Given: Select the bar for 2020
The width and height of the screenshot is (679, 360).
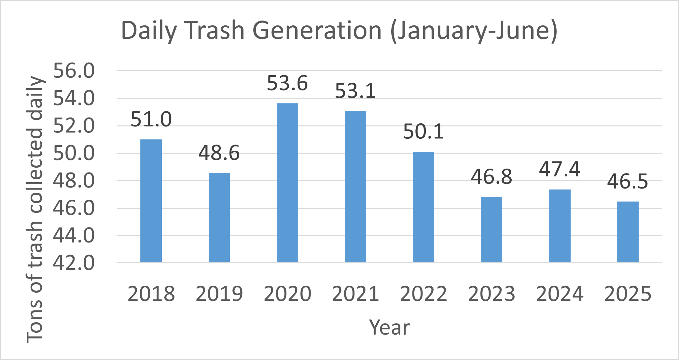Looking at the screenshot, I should click(x=287, y=183).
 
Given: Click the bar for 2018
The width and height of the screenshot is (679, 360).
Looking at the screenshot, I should click(x=151, y=201).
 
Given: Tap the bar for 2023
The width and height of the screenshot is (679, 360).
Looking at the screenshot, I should click(x=492, y=229).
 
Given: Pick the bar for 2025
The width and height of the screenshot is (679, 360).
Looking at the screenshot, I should click(x=628, y=232).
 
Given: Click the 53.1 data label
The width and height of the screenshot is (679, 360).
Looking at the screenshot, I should click(x=355, y=91).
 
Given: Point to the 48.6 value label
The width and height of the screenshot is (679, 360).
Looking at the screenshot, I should click(x=219, y=153).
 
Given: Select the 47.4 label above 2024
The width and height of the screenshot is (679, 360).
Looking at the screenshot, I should click(x=560, y=169).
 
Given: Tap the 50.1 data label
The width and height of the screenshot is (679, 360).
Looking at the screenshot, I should click(x=423, y=132).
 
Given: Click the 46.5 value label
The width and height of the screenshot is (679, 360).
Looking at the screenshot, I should click(x=628, y=181).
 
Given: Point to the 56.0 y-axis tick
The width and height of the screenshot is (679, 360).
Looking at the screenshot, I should click(x=74, y=71).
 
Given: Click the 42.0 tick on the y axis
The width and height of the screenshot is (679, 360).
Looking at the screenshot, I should click(x=74, y=263).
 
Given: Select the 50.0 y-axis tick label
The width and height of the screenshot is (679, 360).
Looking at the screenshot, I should click(x=74, y=153).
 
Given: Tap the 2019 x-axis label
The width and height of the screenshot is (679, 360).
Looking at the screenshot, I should click(x=219, y=294).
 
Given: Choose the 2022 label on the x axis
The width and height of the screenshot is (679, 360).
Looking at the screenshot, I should click(x=423, y=294).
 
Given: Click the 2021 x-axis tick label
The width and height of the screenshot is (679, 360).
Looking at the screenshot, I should click(x=355, y=294).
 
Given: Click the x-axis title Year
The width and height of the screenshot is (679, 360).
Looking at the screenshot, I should click(x=389, y=327).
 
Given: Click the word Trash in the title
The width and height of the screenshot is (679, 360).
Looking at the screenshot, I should click(x=215, y=30).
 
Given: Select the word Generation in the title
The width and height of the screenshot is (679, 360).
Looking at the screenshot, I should click(x=317, y=30).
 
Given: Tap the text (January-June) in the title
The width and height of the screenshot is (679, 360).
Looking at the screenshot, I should click(x=474, y=31).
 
